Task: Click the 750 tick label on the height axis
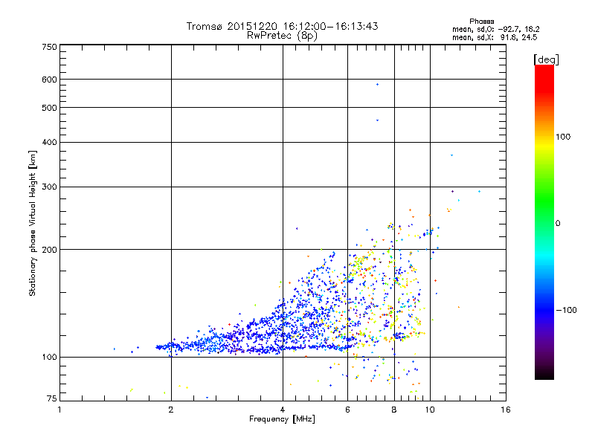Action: pos(50,46)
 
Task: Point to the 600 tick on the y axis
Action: pos(50,80)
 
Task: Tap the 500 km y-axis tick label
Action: pos(50,108)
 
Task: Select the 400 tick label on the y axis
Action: pos(50,142)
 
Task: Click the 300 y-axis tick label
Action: pos(50,187)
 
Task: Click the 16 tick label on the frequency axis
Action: pos(505,409)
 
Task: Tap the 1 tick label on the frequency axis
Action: pos(59,409)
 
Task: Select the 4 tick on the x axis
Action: pos(283,409)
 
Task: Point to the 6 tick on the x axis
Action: pos(347,409)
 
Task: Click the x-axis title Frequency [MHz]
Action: pos(282,419)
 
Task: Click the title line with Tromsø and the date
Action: pos(282,26)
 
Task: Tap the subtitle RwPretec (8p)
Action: pos(282,35)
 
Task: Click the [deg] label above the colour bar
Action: pos(546,59)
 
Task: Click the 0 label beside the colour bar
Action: pos(559,223)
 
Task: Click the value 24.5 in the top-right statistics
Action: pos(530,36)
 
